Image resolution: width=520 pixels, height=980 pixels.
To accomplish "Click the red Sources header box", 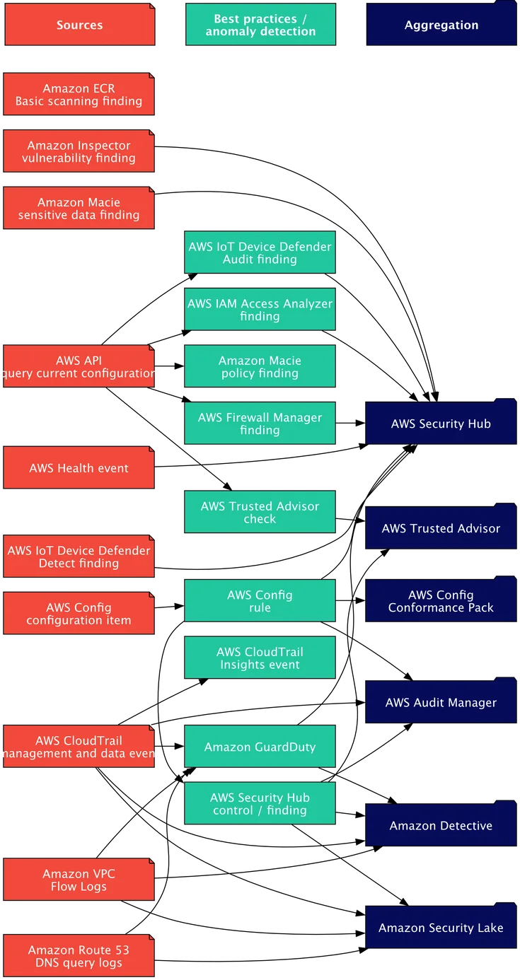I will pyautogui.click(x=79, y=25).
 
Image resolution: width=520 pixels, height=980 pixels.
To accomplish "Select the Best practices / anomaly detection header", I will pyautogui.click(x=260, y=25).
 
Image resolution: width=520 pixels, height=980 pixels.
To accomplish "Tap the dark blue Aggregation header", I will pyautogui.click(x=441, y=25).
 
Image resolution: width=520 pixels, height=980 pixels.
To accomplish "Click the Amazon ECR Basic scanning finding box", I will pyautogui.click(x=79, y=95).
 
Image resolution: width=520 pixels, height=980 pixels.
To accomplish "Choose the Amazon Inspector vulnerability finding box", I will pyautogui.click(x=79, y=152).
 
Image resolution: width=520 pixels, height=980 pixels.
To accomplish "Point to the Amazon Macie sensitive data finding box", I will pyautogui.click(x=79, y=209).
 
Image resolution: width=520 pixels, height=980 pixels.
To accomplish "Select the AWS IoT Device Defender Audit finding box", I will pyautogui.click(x=260, y=253).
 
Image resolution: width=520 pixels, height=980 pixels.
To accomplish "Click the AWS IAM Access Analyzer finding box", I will pyautogui.click(x=260, y=310).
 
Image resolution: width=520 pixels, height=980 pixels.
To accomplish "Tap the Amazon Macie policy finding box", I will pyautogui.click(x=260, y=367).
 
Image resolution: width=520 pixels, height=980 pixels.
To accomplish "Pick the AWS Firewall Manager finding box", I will pyautogui.click(x=260, y=424).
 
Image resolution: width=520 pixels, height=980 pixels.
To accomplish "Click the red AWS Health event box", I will pyautogui.click(x=79, y=468).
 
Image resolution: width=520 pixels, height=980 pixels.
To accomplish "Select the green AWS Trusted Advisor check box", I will pyautogui.click(x=260, y=513).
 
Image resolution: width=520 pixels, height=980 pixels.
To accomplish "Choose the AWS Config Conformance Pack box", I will pyautogui.click(x=441, y=601).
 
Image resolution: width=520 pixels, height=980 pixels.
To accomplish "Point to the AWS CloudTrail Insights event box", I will pyautogui.click(x=260, y=658).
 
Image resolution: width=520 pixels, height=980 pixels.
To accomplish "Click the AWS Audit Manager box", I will pyautogui.click(x=441, y=702).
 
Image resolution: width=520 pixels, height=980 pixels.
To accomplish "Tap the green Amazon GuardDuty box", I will pyautogui.click(x=260, y=747).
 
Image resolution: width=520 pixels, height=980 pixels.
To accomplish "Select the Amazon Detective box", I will pyautogui.click(x=441, y=825).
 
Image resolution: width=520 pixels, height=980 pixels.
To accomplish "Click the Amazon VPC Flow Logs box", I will pyautogui.click(x=79, y=880).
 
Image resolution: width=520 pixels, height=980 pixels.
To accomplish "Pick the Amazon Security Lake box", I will pyautogui.click(x=441, y=928).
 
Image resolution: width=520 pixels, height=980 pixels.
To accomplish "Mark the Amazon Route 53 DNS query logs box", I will pyautogui.click(x=79, y=956).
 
